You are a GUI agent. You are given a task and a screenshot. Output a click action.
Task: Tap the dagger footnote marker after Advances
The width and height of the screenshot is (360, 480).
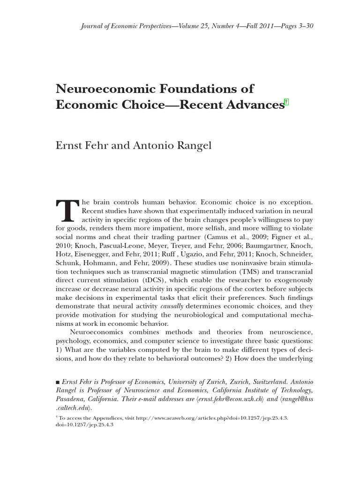[x=287, y=102]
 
